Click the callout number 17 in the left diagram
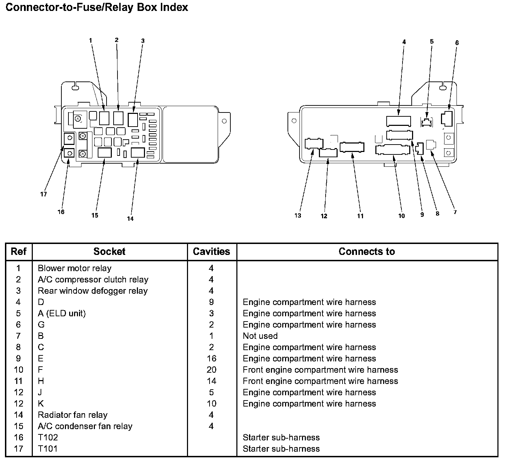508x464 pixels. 43,194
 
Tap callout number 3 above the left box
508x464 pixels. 143,41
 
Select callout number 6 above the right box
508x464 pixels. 457,43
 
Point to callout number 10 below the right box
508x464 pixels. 401,216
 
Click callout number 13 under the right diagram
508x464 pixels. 298,215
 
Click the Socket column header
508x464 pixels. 109,251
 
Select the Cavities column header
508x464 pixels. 212,251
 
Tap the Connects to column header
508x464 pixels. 367,251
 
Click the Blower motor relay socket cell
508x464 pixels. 74,268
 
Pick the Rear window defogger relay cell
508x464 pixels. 92,291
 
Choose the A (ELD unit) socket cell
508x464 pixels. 62,313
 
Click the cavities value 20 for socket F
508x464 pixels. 212,370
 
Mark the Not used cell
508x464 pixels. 260,336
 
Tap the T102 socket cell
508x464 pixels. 48,438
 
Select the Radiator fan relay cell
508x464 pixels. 72,415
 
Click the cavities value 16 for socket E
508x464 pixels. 212,359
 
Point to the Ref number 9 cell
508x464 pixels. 18,359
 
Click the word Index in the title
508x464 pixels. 174,7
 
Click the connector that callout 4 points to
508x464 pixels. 399,121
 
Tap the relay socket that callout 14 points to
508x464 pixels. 138,153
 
